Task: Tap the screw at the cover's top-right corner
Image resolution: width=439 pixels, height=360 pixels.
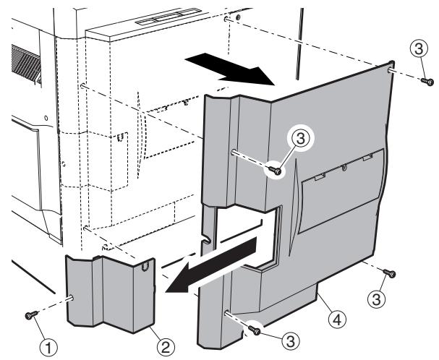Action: click(x=427, y=82)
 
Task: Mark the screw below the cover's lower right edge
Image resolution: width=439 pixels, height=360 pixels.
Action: click(x=391, y=273)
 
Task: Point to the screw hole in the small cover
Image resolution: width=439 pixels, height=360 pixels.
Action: click(x=73, y=296)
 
